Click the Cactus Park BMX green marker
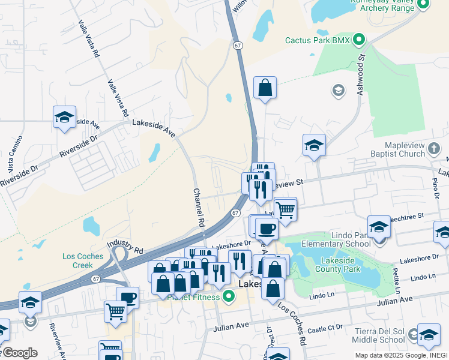360,41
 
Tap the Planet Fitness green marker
229,296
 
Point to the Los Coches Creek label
82,260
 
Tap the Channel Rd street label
199,208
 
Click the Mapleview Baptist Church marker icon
434,148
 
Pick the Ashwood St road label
361,72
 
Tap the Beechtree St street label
404,215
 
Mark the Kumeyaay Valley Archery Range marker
423,4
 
